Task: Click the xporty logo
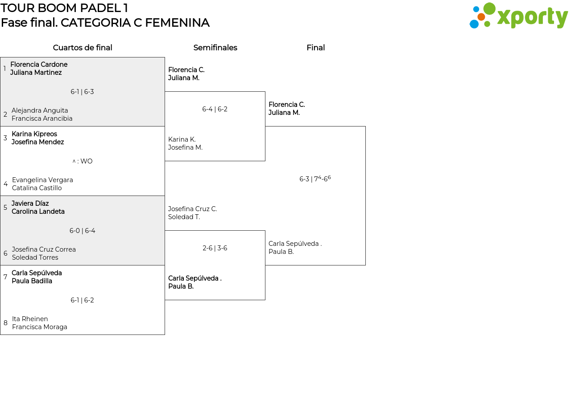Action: [518, 16]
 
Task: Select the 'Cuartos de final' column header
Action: [83, 48]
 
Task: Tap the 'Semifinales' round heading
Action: [215, 48]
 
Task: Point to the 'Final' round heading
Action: [315, 48]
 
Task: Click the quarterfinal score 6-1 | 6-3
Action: [82, 92]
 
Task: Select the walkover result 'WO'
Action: [87, 161]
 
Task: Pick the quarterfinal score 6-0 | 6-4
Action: [82, 231]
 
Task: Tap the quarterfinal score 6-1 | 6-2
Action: [82, 300]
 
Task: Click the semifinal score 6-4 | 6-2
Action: [215, 109]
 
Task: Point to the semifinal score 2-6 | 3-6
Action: [215, 248]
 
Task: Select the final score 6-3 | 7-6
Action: [315, 179]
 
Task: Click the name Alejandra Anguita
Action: [40, 110]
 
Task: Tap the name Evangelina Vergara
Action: [42, 180]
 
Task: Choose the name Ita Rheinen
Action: [30, 318]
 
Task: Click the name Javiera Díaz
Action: [30, 204]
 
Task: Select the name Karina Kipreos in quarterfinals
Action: [34, 134]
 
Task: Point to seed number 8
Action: [5, 323]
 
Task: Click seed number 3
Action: [5, 138]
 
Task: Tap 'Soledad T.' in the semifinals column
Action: [184, 217]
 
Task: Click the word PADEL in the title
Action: [100, 8]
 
